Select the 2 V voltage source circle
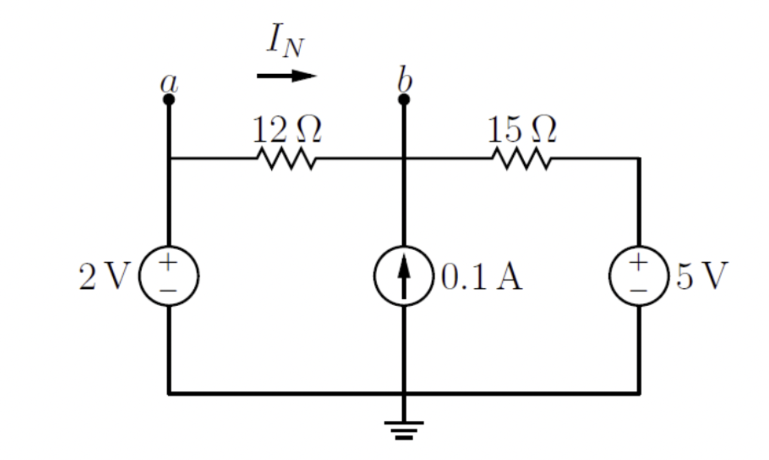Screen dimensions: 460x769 169,276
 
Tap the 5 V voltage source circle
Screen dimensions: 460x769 639,276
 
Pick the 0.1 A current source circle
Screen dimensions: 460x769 404,276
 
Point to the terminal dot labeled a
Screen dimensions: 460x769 169,99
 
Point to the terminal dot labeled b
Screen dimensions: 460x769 404,99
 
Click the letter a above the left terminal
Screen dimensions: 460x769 169,83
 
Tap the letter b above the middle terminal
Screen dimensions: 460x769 405,80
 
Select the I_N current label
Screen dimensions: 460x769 285,41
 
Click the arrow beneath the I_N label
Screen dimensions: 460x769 286,76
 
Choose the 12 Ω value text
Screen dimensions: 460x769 286,129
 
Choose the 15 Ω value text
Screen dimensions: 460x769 521,129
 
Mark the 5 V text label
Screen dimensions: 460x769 702,277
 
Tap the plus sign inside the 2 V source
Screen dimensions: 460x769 168,263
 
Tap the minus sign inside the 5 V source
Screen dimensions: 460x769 639,290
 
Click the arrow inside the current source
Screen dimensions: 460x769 404,272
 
